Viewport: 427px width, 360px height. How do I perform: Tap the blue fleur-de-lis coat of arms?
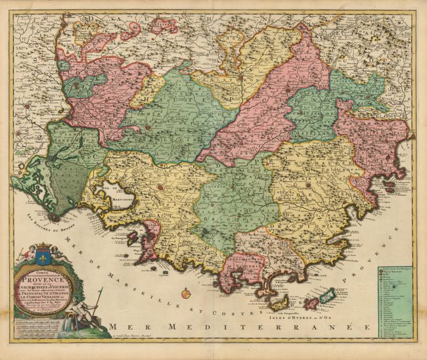click(x=45, y=252)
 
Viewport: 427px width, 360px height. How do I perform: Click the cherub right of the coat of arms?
click(x=65, y=254)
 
